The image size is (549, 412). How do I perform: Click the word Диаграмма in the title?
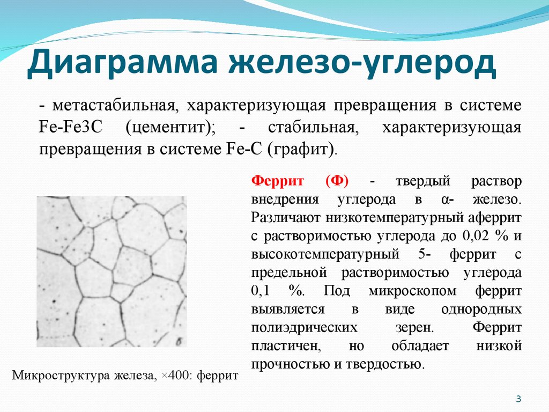(123, 62)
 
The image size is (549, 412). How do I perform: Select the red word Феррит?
(277, 181)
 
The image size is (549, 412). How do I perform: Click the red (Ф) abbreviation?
(337, 181)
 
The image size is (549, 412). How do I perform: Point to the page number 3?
(518, 399)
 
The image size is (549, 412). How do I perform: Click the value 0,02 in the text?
(476, 236)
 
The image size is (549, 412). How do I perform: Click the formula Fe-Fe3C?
(70, 127)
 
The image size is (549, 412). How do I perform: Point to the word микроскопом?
(412, 291)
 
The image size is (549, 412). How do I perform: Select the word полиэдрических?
(305, 328)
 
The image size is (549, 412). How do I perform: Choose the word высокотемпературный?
(325, 254)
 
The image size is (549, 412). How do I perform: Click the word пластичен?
(286, 346)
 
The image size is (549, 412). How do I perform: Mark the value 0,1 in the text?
(260, 291)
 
